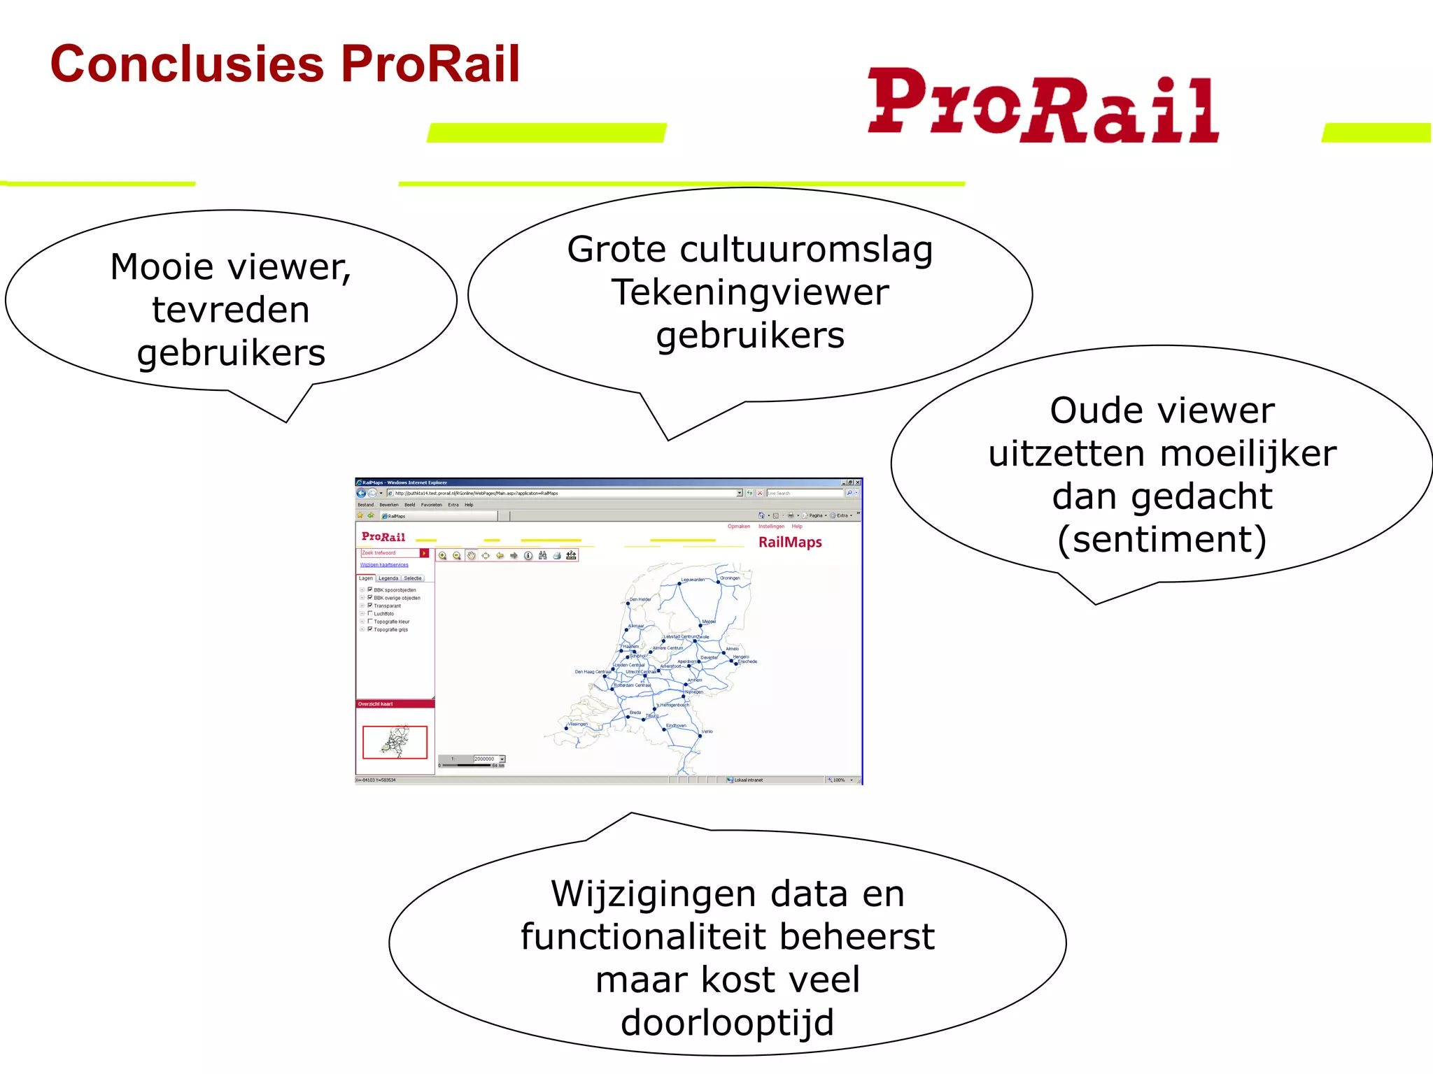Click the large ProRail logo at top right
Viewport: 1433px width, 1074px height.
click(1043, 106)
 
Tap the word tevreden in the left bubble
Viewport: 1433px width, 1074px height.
click(231, 310)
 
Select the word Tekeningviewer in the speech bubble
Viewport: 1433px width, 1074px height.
click(750, 292)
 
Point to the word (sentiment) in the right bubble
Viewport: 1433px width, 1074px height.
click(1162, 540)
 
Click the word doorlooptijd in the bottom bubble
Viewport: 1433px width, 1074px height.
click(728, 1022)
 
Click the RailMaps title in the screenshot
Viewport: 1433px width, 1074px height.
click(790, 542)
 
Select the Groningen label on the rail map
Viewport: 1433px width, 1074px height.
click(730, 578)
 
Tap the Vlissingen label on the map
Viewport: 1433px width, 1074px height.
click(577, 724)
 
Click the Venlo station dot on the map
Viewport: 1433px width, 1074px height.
click(700, 736)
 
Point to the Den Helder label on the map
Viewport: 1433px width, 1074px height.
click(640, 599)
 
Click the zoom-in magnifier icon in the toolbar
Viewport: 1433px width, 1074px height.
click(442, 556)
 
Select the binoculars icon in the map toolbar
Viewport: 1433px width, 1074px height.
click(542, 556)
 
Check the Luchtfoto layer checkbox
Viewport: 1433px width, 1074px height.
click(369, 613)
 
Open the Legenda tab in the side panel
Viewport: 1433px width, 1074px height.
click(388, 578)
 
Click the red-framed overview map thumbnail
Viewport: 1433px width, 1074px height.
click(395, 742)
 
